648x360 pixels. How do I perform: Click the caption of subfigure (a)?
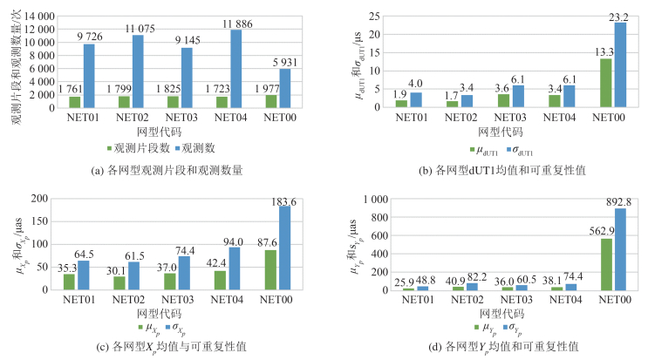pyautogui.click(x=167, y=170)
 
